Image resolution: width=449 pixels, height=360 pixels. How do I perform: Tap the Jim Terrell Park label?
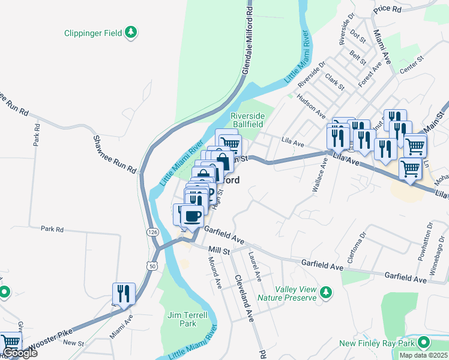coord(188,319)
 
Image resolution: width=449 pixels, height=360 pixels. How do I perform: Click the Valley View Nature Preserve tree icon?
coord(325,292)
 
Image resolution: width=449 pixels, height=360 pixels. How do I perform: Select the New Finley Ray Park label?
coord(378,343)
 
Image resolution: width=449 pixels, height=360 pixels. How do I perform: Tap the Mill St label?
coord(219,251)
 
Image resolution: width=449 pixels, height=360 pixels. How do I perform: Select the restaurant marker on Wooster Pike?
coord(123,293)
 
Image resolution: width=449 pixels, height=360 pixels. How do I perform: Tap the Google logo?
coord(19,353)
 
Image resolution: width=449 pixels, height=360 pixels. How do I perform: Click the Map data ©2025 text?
coord(423,355)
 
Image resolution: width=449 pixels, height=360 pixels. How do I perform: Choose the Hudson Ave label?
coord(311,107)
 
